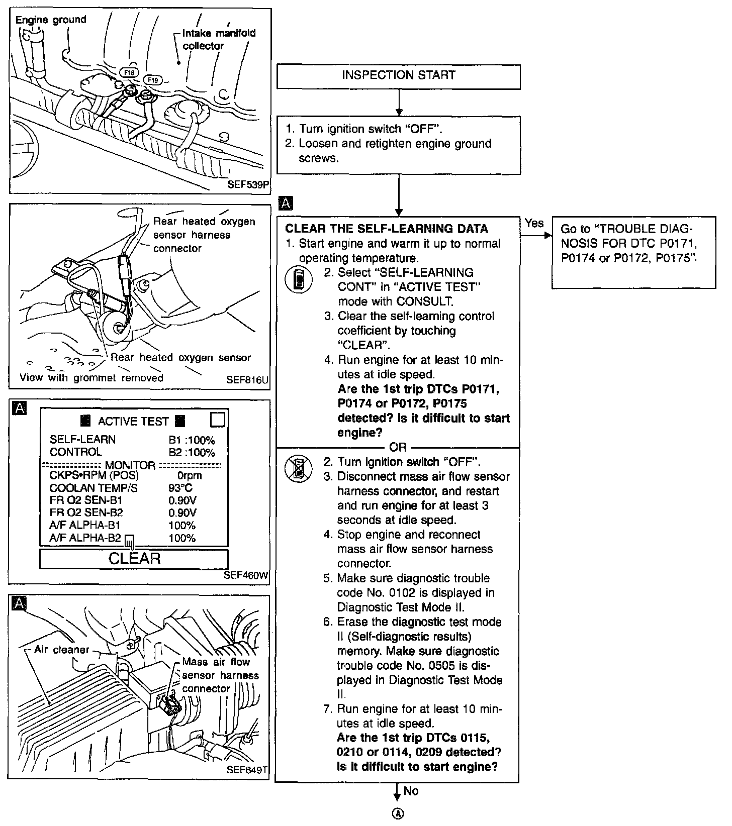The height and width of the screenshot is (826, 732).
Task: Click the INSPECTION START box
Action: pos(398,76)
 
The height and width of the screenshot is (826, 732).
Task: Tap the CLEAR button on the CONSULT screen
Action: pos(134,559)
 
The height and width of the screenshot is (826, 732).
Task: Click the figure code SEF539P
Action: pos(248,184)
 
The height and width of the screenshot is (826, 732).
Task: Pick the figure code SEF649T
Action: pos(247,769)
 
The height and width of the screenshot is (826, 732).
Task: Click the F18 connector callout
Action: pos(130,72)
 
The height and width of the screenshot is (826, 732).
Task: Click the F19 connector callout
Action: pos(152,80)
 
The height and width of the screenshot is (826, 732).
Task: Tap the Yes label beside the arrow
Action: pos(534,223)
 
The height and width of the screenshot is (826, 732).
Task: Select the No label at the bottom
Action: pos(411,791)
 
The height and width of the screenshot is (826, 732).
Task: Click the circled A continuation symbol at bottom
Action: pos(398,814)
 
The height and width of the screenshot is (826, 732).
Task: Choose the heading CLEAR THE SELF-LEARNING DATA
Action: pos(386,229)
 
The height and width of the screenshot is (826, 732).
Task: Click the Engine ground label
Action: pos(51,20)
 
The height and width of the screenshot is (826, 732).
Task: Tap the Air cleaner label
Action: pos(61,650)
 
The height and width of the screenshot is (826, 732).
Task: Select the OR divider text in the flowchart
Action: pos(398,447)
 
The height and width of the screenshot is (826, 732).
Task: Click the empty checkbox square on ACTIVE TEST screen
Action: pos(217,420)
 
